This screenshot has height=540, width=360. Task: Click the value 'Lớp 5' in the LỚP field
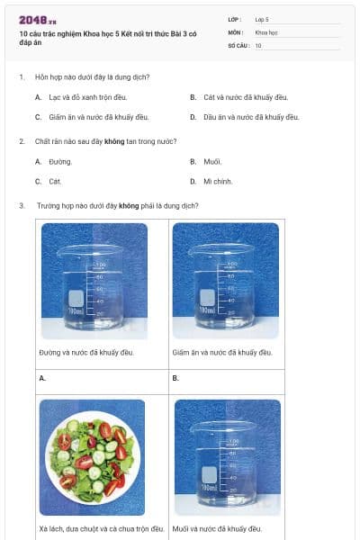click(262, 19)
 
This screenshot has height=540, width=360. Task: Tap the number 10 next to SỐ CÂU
click(258, 44)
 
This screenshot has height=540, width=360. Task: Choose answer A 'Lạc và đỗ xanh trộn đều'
click(85, 96)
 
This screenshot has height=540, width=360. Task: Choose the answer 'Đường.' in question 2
click(60, 162)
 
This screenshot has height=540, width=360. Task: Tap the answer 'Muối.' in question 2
click(211, 162)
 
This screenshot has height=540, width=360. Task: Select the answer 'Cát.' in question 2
click(56, 182)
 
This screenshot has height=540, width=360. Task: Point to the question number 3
click(21, 205)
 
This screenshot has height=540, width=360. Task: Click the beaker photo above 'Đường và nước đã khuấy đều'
click(93, 282)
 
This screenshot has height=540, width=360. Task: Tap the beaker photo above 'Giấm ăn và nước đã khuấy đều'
click(226, 282)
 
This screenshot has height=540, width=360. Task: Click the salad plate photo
click(92, 457)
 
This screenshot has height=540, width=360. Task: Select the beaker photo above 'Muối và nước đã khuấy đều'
click(226, 457)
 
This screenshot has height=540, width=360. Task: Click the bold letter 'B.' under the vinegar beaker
click(176, 378)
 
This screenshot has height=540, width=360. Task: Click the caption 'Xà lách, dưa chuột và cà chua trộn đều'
click(102, 528)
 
